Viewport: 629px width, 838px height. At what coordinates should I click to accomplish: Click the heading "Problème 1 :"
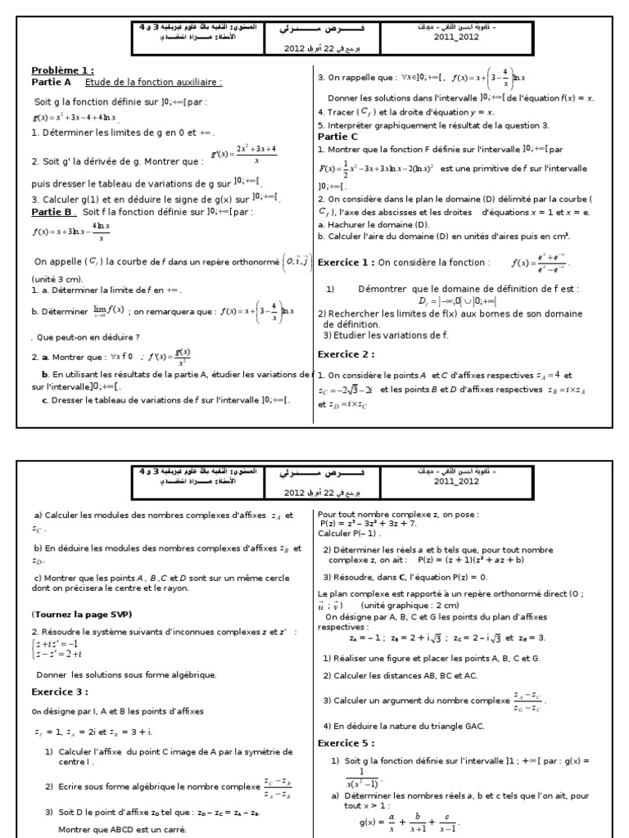click(x=63, y=70)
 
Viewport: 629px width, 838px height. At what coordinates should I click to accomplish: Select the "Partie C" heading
click(x=337, y=137)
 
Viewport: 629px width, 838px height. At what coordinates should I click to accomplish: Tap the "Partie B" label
click(x=53, y=211)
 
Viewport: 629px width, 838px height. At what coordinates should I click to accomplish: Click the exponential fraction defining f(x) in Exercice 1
click(x=539, y=263)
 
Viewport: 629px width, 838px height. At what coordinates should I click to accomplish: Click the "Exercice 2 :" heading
click(x=346, y=354)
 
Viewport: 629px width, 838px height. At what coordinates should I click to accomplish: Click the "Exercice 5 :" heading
click(x=346, y=743)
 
